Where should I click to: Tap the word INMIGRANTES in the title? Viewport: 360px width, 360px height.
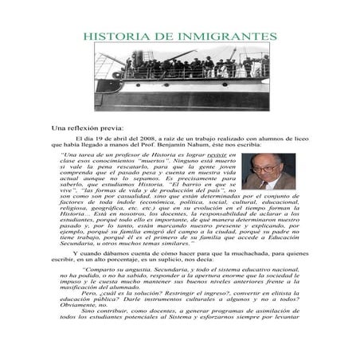coord(229,37)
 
